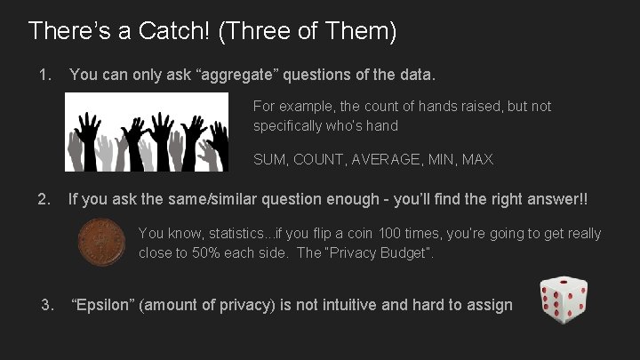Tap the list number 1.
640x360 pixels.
[44, 76]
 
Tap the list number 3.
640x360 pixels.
[48, 305]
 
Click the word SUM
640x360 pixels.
[270, 160]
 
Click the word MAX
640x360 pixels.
[477, 160]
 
